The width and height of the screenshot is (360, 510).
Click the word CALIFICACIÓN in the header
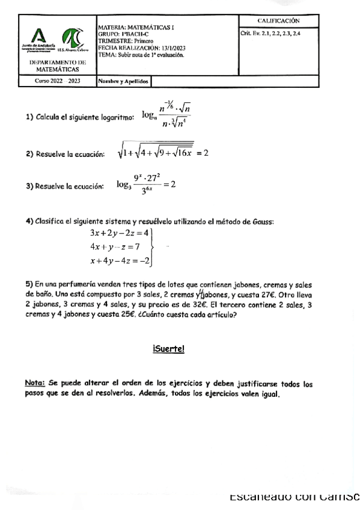pyautogui.click(x=278, y=21)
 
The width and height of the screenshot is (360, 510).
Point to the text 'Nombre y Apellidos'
pyautogui.click(x=123, y=81)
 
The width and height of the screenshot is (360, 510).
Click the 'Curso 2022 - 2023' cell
pyautogui.click(x=57, y=81)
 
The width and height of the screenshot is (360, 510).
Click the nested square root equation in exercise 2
pyautogui.click(x=162, y=153)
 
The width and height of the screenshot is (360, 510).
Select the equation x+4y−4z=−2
pyautogui.click(x=119, y=261)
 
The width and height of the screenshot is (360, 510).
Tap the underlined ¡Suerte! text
pyautogui.click(x=168, y=349)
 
